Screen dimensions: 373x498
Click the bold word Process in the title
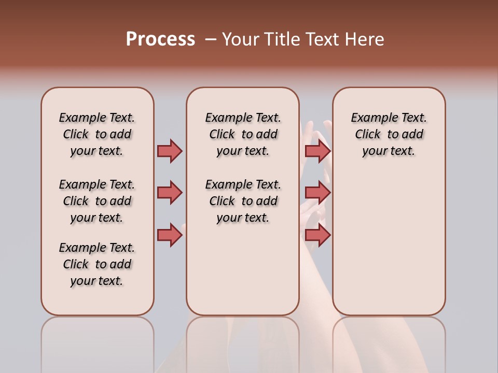[160, 39]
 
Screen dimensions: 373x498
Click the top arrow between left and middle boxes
[170, 151]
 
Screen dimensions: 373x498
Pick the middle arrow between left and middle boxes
[170, 193]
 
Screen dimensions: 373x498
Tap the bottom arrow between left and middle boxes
[170, 235]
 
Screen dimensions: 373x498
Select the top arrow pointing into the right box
[317, 151]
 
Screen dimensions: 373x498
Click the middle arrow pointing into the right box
[317, 193]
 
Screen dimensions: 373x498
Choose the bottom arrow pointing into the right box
[317, 235]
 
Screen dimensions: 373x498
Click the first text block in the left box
[97, 134]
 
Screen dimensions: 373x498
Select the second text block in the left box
[97, 201]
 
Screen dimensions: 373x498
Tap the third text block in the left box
[97, 264]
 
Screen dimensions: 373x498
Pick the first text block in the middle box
[243, 134]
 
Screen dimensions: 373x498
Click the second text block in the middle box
[243, 201]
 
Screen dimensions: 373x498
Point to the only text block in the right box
[389, 134]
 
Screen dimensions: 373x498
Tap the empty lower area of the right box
[389, 249]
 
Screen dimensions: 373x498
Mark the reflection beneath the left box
[98, 342]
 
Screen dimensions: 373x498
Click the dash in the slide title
[211, 39]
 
